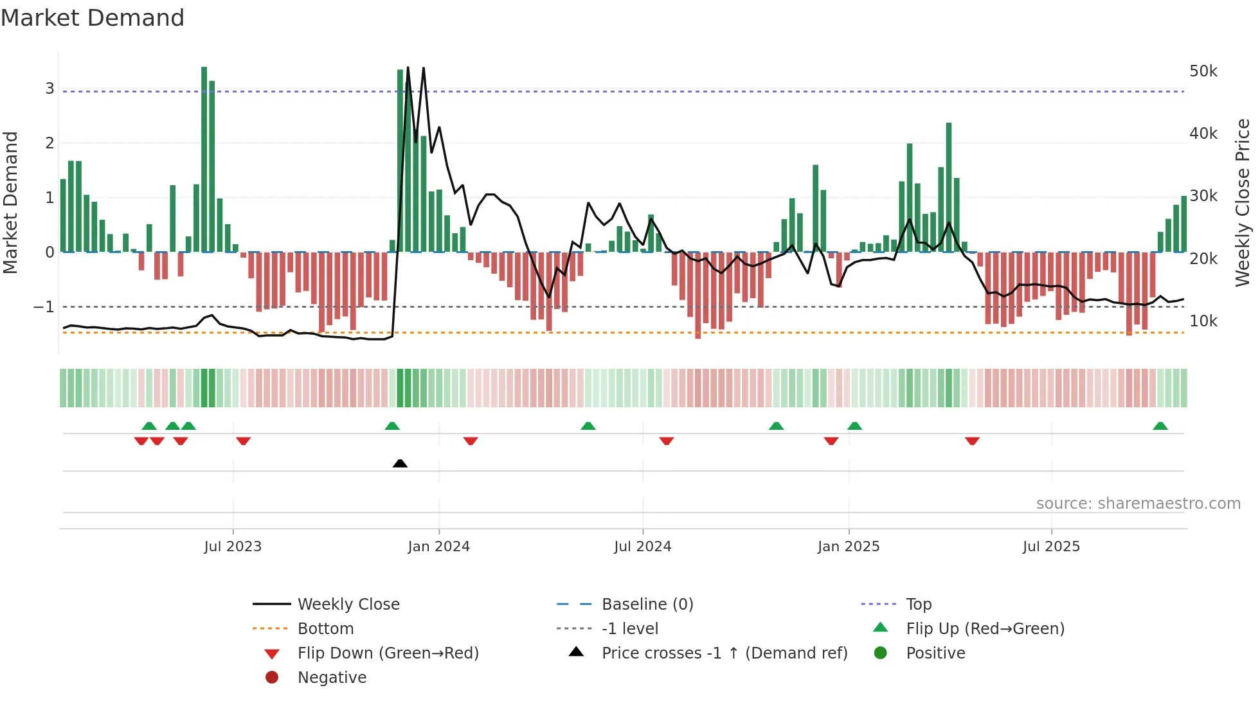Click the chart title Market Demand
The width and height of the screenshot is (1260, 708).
[x=93, y=18]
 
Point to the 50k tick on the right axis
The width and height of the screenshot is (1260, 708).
[x=1203, y=71]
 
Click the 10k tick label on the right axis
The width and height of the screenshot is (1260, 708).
[x=1203, y=321]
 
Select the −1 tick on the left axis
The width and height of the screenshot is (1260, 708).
[x=44, y=307]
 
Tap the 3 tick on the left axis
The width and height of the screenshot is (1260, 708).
[x=50, y=89]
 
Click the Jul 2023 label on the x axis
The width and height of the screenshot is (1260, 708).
[x=233, y=547]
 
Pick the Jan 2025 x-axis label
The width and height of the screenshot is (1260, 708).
[x=848, y=547]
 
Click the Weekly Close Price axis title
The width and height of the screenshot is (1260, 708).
[x=1242, y=202]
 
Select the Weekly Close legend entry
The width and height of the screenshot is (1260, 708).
[x=348, y=605]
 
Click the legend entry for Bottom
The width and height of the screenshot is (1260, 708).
[x=325, y=629]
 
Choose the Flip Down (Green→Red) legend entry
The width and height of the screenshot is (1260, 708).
[x=388, y=653]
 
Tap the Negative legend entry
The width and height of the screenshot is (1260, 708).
[x=332, y=678]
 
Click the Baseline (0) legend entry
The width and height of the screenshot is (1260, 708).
[x=647, y=605]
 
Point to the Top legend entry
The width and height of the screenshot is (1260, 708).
[x=918, y=605]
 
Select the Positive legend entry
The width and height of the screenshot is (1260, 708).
[x=935, y=653]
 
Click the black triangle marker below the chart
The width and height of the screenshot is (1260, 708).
[x=400, y=463]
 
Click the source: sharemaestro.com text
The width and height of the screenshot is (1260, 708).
[x=1138, y=504]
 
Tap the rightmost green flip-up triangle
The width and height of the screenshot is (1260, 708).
[x=1160, y=426]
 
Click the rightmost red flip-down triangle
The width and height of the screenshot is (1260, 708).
[x=972, y=441]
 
